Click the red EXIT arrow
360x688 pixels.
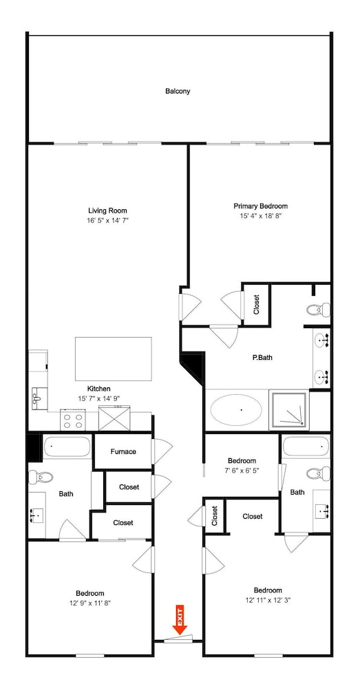tap(180, 620)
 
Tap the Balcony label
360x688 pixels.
tap(178, 92)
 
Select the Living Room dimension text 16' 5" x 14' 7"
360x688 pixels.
tap(107, 220)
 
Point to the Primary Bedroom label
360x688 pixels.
tap(260, 206)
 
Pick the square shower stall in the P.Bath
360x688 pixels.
tap(289, 411)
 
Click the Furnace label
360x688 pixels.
tap(123, 451)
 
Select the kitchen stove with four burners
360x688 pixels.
tap(73, 420)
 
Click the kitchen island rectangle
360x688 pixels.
tap(114, 359)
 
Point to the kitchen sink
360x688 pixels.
tap(38, 398)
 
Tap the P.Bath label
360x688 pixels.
tap(262, 358)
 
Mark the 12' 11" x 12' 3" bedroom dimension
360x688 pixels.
tap(268, 600)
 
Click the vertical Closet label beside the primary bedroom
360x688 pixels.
tap(256, 305)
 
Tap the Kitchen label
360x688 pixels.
tap(99, 389)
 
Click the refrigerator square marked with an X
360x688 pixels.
tap(114, 418)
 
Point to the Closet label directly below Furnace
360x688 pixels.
tap(129, 487)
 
